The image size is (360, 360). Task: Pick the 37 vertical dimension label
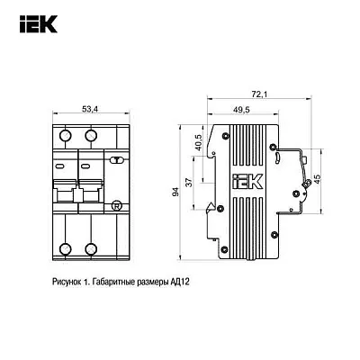coord(188,184)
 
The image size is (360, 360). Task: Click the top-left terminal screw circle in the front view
coord(65,134)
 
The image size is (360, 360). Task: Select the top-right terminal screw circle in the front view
coord(90,134)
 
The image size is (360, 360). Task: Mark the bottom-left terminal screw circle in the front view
coord(65,249)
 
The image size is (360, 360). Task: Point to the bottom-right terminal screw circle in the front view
coord(90,249)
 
